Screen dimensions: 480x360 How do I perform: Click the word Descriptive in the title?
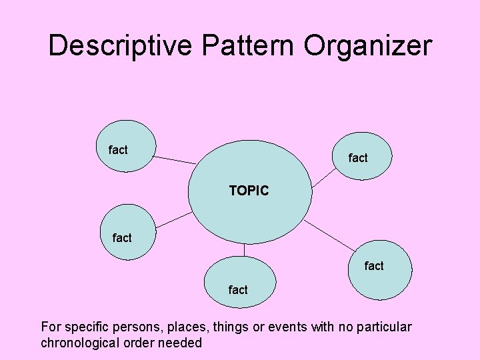click(x=119, y=46)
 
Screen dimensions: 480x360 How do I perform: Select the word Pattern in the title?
click(x=247, y=46)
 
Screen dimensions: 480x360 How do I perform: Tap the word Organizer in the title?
click(x=368, y=46)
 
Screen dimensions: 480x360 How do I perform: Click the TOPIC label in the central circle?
click(x=249, y=191)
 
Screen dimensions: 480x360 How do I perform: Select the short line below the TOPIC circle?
click(x=245, y=250)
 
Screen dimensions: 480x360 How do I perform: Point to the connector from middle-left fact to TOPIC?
click(x=173, y=219)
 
